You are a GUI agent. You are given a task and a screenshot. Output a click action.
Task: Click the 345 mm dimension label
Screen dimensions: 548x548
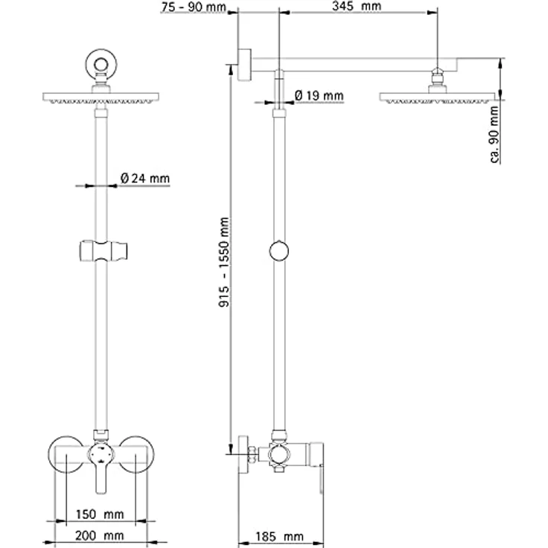coord(357,6)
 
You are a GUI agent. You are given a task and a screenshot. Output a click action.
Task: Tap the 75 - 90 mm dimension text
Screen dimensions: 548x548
coord(194,7)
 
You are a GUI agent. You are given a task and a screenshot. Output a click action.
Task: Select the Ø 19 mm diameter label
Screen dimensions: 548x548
coord(319,95)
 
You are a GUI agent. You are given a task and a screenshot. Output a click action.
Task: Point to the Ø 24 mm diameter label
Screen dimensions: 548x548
coord(144,178)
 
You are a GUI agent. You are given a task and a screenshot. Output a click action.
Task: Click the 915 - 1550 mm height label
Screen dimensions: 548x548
coord(223,262)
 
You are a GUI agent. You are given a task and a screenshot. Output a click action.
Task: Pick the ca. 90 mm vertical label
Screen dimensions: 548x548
coord(494,135)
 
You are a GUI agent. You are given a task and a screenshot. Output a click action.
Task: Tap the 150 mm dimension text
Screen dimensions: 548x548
coord(100,514)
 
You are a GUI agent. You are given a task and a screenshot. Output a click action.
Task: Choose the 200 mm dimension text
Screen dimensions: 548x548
coord(100,535)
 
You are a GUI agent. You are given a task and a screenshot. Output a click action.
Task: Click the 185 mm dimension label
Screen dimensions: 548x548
coord(279,537)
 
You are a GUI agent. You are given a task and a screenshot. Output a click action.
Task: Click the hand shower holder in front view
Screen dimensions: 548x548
coord(103,251)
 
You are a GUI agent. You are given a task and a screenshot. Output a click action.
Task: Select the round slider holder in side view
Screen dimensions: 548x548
coord(279,251)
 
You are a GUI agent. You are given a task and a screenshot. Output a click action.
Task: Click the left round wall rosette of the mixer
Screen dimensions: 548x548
coord(66,454)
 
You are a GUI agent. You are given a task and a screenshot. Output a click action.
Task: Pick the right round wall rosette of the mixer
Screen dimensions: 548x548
coord(136,454)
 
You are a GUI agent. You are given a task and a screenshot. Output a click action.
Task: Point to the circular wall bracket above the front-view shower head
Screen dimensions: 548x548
coord(101,64)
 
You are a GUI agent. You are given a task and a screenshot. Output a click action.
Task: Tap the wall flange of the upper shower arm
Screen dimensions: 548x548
coord(244,64)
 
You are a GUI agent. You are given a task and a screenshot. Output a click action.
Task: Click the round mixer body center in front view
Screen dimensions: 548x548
coord(101,454)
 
